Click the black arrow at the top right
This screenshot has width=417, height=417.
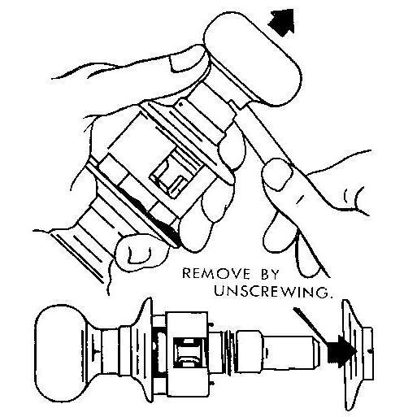283,22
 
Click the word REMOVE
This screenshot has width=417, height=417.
215,274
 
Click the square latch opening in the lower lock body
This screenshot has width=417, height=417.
188,352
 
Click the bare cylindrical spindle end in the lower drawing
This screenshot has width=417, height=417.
290,352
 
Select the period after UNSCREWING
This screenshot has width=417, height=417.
330,296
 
